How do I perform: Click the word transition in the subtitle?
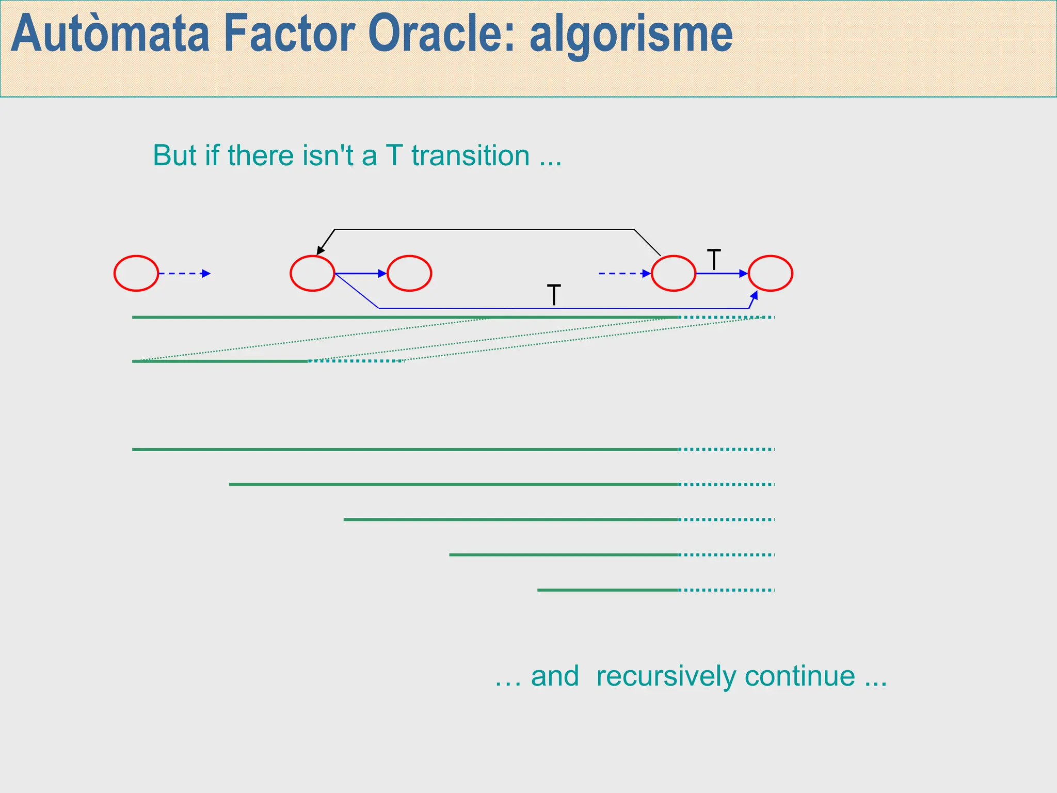click(470, 155)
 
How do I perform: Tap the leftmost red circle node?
click(136, 273)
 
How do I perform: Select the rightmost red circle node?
click(770, 273)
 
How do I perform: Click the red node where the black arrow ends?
click(312, 273)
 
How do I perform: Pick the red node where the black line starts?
click(673, 273)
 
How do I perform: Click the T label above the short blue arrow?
click(714, 260)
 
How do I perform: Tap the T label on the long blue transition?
click(553, 295)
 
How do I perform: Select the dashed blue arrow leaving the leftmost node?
click(184, 273)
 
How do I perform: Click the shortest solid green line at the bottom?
click(607, 590)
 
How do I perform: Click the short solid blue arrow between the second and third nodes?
click(360, 273)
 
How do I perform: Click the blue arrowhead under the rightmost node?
click(755, 296)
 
